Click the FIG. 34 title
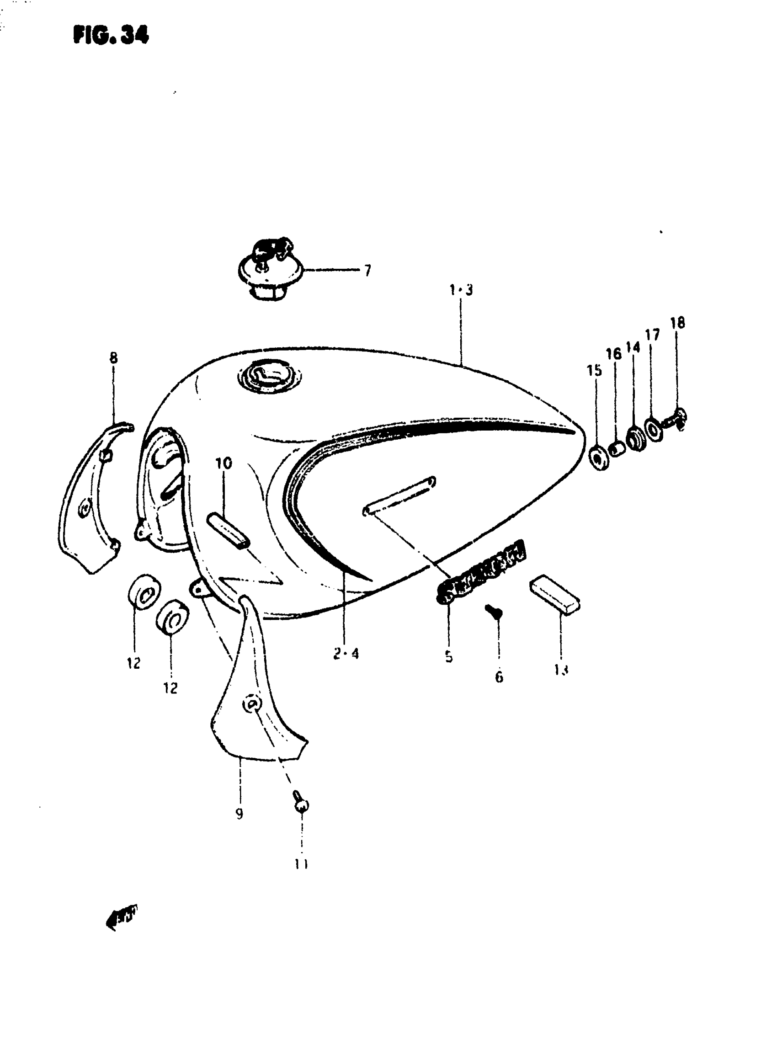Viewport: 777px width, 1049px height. pyautogui.click(x=111, y=35)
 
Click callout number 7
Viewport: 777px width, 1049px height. pyautogui.click(x=367, y=271)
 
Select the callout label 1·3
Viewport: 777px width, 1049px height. pyautogui.click(x=460, y=290)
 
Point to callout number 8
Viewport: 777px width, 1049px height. pyautogui.click(x=113, y=358)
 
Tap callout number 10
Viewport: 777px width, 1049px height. pyautogui.click(x=224, y=463)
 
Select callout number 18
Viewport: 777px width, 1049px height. pyautogui.click(x=677, y=323)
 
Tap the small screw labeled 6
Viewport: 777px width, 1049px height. pyautogui.click(x=495, y=612)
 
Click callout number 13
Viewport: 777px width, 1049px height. pyautogui.click(x=561, y=669)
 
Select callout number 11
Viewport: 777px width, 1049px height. pyautogui.click(x=301, y=864)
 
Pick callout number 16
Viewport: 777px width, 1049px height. pyautogui.click(x=613, y=354)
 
